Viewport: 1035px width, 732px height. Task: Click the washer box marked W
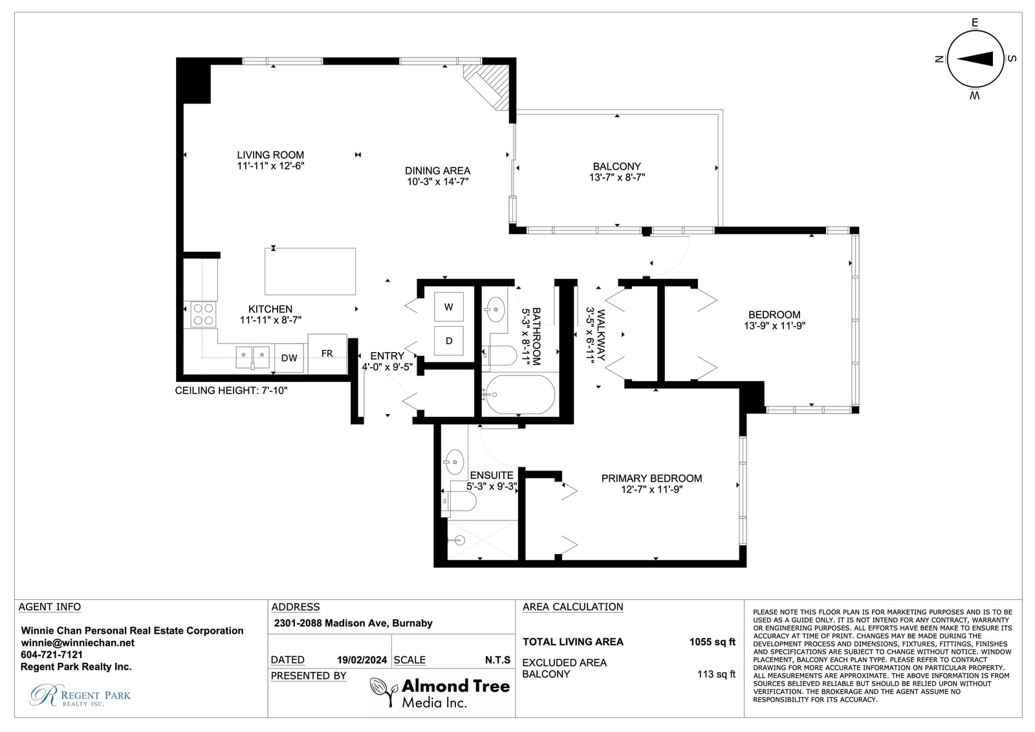(x=449, y=307)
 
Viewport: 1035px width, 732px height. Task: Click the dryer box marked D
(x=449, y=341)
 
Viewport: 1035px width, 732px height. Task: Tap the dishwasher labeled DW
(x=289, y=358)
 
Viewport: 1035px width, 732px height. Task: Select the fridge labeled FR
(x=327, y=354)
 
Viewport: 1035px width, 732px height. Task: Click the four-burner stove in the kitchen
(x=203, y=315)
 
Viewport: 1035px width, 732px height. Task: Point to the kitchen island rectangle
(x=310, y=271)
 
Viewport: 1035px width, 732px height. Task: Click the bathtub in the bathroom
(x=520, y=394)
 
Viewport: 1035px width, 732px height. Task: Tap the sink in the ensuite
(x=455, y=462)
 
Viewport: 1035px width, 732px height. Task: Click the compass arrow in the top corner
(x=975, y=59)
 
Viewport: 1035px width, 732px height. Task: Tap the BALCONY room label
(x=617, y=166)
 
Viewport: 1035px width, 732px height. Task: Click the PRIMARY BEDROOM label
(x=651, y=478)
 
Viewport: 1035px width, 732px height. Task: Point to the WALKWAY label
(x=601, y=335)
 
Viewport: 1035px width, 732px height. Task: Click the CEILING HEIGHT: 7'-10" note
(x=231, y=391)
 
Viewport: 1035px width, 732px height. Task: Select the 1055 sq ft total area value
(x=712, y=642)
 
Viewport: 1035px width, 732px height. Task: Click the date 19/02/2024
(x=362, y=660)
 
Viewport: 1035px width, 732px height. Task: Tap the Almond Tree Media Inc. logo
(x=440, y=693)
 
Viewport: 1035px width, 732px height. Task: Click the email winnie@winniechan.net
(x=78, y=643)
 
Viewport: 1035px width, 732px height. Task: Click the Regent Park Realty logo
(x=80, y=695)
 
